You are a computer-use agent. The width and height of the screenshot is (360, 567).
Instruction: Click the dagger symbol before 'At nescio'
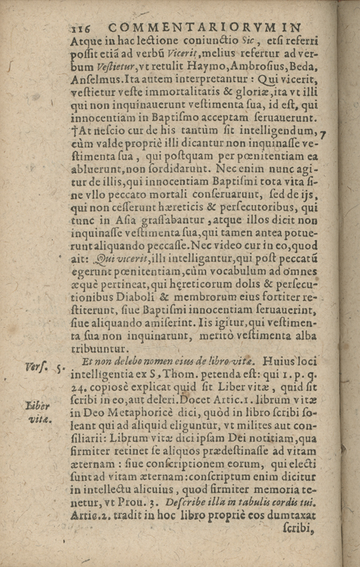coord(74,131)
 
